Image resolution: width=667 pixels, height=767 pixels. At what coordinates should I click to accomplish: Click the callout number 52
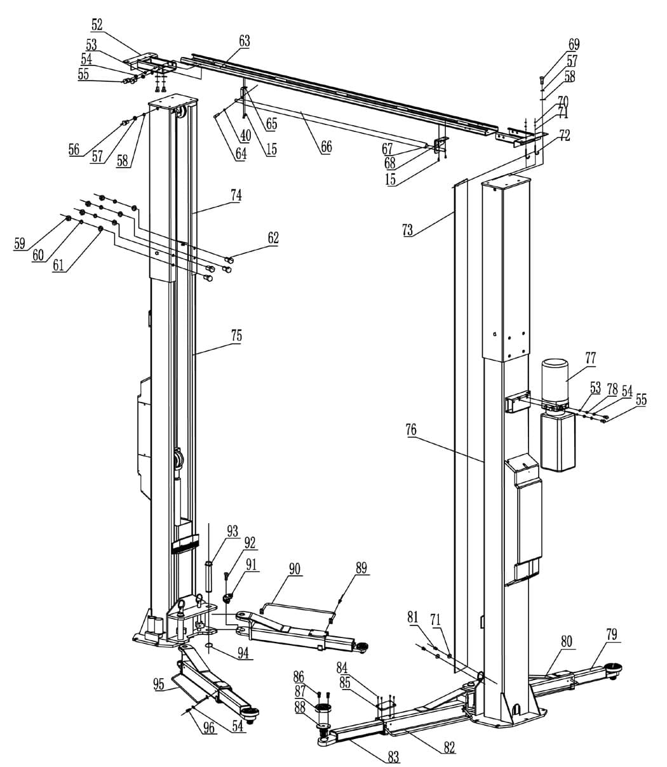pyautogui.click(x=97, y=25)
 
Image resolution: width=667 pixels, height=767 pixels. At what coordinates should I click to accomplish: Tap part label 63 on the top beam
pyautogui.click(x=244, y=41)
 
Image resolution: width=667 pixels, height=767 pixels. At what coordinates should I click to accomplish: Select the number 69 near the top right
pyautogui.click(x=574, y=44)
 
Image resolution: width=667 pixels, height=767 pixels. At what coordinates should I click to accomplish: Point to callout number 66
pyautogui.click(x=326, y=147)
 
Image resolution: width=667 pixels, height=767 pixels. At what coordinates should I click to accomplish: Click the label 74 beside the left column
pyautogui.click(x=236, y=196)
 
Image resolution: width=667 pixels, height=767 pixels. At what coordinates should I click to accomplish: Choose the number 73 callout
pyautogui.click(x=408, y=229)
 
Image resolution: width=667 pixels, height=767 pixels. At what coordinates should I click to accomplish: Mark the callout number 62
pyautogui.click(x=273, y=237)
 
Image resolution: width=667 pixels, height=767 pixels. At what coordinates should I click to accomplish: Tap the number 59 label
pyautogui.click(x=20, y=244)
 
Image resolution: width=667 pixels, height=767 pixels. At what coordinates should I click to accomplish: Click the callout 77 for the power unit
pyautogui.click(x=591, y=358)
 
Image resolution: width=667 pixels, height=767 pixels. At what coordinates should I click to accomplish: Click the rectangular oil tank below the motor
pyautogui.click(x=558, y=441)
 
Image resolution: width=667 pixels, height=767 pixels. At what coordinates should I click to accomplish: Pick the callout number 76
pyautogui.click(x=411, y=430)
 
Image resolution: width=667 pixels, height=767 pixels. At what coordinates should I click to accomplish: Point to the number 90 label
pyautogui.click(x=295, y=569)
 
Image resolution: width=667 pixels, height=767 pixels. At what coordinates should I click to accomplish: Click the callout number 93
pyautogui.click(x=232, y=531)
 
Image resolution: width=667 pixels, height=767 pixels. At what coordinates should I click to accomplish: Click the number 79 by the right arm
pyautogui.click(x=612, y=634)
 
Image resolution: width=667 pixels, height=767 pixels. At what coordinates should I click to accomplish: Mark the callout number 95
pyautogui.click(x=159, y=684)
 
